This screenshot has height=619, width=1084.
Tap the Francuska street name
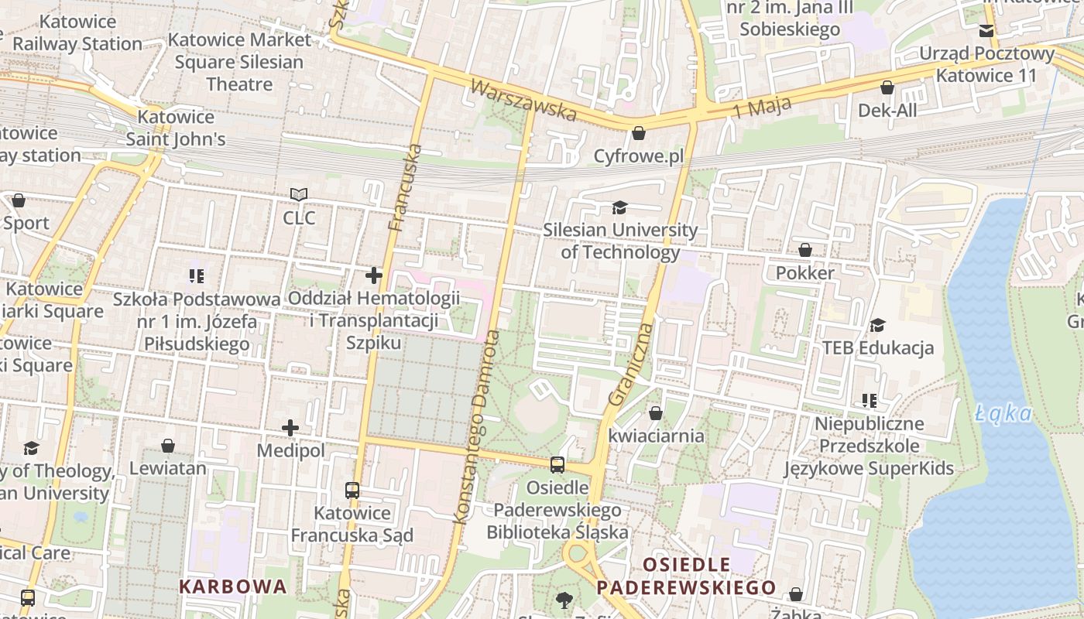tap(406, 188)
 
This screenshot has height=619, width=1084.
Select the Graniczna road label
tap(631, 364)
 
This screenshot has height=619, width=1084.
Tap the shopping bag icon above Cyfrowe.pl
tap(639, 134)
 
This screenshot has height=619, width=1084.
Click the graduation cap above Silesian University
tap(619, 207)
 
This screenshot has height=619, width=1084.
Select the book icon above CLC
tap(299, 195)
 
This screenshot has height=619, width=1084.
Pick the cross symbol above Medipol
tap(290, 428)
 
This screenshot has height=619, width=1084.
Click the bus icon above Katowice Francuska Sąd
tap(352, 490)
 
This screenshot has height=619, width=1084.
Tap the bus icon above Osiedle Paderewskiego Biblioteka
tap(557, 465)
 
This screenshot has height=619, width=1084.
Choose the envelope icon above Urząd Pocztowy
tap(986, 31)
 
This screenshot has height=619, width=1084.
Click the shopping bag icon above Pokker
tap(805, 250)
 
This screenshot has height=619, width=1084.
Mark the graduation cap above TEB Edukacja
tap(877, 325)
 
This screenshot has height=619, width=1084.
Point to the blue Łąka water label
tap(1004, 414)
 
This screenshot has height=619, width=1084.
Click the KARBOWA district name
tap(233, 587)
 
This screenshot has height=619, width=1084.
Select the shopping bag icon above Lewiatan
tap(168, 446)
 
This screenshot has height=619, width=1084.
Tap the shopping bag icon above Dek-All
tap(887, 87)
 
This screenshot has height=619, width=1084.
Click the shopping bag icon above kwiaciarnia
tap(656, 413)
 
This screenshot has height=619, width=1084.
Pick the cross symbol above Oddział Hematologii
tap(374, 275)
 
